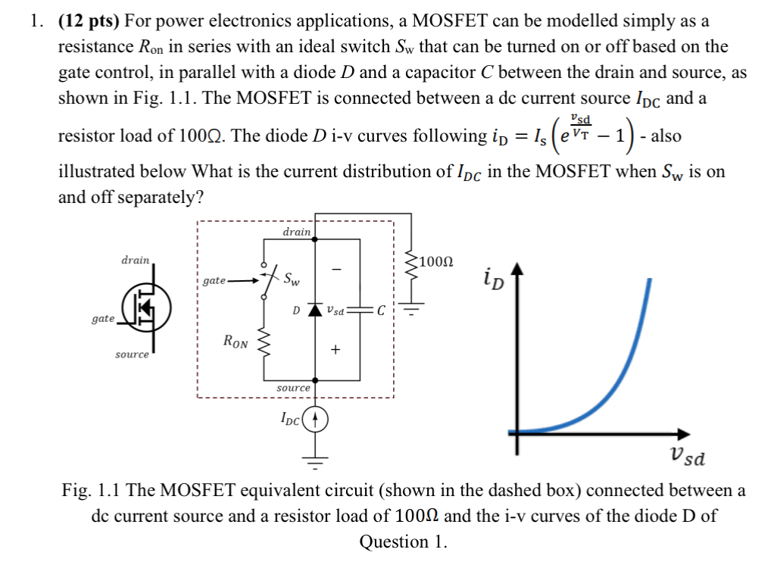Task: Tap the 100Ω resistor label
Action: tap(438, 263)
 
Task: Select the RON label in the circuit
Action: tap(236, 342)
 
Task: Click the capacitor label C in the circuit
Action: tap(381, 311)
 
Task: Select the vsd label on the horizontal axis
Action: tap(688, 457)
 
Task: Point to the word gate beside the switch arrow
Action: tap(214, 281)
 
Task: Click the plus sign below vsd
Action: tap(335, 350)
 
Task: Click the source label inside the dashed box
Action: tap(293, 387)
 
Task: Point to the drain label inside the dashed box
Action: tap(296, 232)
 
